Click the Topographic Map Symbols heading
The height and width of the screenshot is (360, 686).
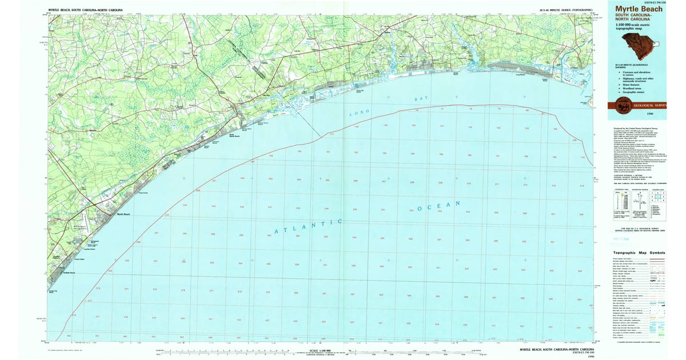(639, 253)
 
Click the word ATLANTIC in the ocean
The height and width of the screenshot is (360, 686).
(309, 226)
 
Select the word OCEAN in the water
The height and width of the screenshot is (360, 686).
(439, 206)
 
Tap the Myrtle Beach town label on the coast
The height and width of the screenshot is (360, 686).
(123, 214)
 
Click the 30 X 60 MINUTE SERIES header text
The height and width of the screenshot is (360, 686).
(563, 10)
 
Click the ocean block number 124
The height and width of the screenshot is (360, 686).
(526, 129)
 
